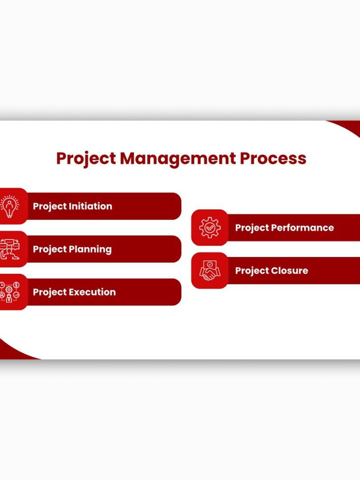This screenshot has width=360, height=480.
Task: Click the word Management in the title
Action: click(x=178, y=159)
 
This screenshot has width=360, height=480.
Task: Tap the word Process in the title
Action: click(x=273, y=158)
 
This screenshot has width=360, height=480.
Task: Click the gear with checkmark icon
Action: click(x=210, y=227)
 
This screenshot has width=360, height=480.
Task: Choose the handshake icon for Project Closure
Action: click(x=210, y=270)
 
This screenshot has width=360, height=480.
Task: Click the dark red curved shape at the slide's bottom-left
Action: click(x=12, y=351)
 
